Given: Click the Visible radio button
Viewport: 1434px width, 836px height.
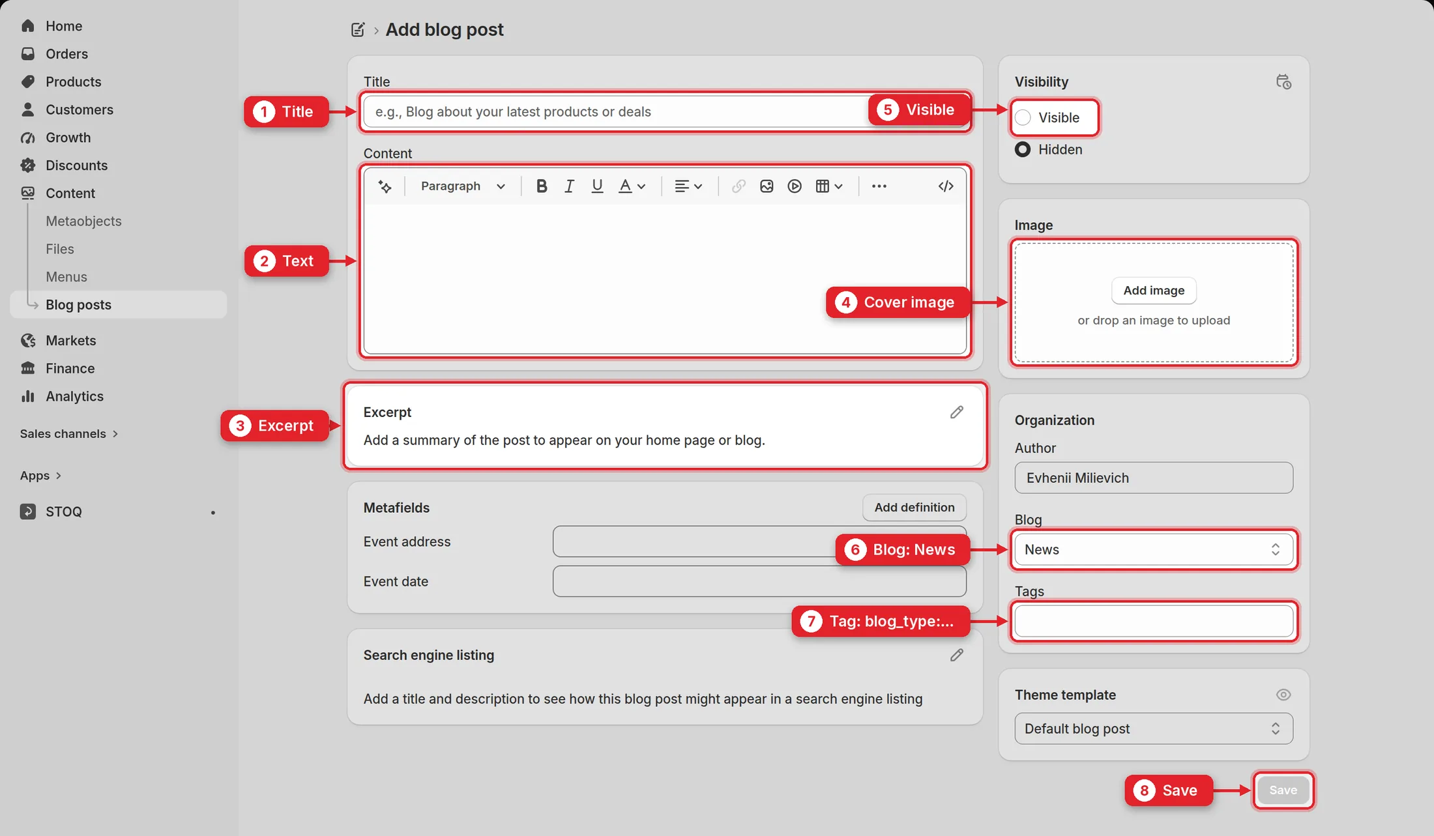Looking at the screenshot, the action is pos(1023,117).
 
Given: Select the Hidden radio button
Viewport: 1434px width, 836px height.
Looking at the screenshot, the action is pos(1023,149).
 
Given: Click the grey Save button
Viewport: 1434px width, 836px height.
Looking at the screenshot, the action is pos(1283,790).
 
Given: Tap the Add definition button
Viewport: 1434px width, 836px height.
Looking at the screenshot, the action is pos(914,508).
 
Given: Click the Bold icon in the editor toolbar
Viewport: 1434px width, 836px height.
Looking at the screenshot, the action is pos(541,186).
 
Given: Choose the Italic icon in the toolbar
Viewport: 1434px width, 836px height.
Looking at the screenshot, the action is pos(569,186).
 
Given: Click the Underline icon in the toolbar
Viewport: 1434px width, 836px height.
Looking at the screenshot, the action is pos(596,186).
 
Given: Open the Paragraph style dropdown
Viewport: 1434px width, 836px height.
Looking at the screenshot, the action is pos(463,186).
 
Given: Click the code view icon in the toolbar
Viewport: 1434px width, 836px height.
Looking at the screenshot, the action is pos(946,186).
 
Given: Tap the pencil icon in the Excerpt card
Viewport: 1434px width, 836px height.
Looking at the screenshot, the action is pos(956,412).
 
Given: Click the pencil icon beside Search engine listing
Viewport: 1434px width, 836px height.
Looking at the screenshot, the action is pos(956,655).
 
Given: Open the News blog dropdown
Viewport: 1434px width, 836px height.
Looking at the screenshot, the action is pos(1153,549).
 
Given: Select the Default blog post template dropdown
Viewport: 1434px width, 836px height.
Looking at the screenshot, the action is pos(1153,728).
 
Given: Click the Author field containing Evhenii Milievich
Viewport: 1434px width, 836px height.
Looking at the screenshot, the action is pos(1153,478).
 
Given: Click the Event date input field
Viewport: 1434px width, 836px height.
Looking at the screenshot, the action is pos(759,581).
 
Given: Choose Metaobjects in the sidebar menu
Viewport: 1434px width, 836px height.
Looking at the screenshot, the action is pos(83,221).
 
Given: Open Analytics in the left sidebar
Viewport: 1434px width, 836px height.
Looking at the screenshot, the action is pos(74,396).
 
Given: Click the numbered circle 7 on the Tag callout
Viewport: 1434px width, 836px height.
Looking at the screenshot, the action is pos(811,621).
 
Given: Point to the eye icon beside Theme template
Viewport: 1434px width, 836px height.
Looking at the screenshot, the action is pos(1283,695).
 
